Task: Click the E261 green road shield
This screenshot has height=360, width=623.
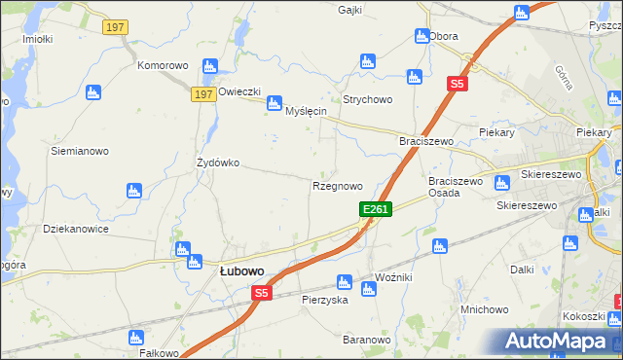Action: (376, 209)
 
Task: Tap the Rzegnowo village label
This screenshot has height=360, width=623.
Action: (338, 185)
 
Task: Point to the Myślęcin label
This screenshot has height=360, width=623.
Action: (306, 112)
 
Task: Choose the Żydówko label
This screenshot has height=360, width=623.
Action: (218, 162)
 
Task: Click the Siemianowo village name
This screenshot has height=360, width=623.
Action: (80, 151)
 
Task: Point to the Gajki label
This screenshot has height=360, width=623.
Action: (350, 10)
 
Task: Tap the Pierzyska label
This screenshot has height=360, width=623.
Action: (325, 301)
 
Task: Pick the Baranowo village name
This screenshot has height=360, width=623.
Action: (366, 340)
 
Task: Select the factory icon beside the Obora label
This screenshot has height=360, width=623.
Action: (421, 36)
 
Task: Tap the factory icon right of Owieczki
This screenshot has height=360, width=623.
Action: (275, 100)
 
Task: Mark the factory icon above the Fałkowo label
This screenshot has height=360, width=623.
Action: (135, 337)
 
